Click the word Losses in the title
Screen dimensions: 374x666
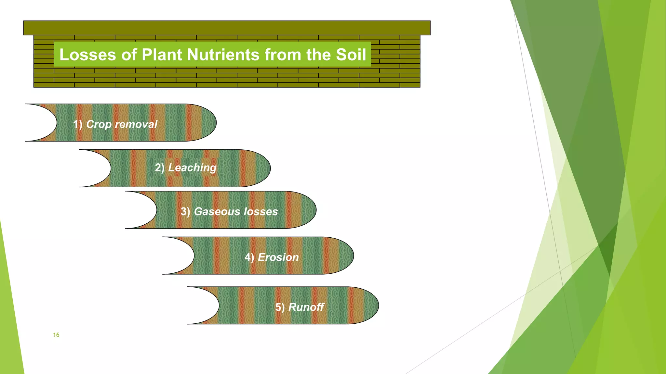[x=87, y=55]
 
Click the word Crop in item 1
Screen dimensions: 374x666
[x=99, y=124]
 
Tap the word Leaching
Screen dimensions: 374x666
[x=192, y=168]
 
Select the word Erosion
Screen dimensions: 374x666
[x=278, y=257]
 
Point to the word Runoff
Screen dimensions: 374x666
[x=306, y=307]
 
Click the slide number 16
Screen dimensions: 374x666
[x=56, y=335]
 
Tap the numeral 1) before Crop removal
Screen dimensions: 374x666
[x=77, y=124]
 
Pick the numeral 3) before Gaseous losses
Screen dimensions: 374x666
[x=185, y=212]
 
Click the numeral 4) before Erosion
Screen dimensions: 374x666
[x=249, y=257]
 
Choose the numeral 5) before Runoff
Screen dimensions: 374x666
[x=280, y=307]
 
